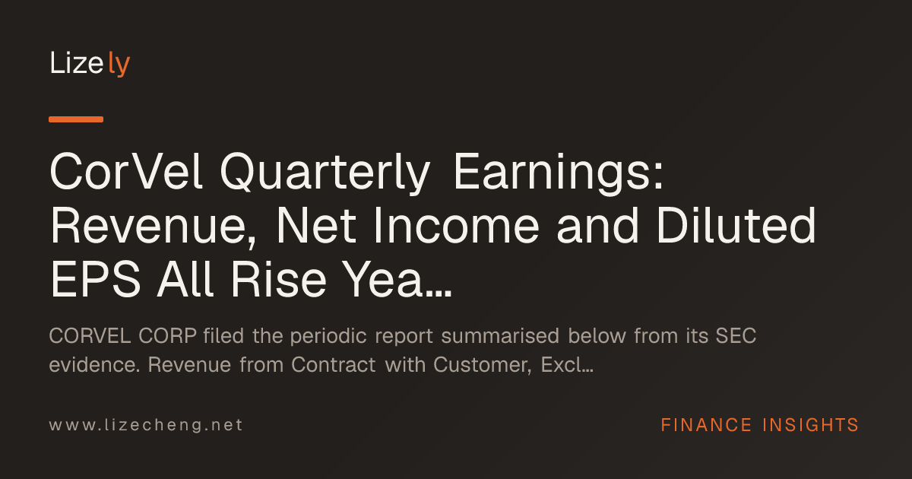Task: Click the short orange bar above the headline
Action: (x=76, y=119)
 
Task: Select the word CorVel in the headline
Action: (x=126, y=172)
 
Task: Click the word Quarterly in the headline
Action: (x=325, y=174)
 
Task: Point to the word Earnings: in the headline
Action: (x=559, y=174)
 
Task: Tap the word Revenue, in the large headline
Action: (x=153, y=227)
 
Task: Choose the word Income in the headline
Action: (x=457, y=226)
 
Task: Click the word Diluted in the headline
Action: (x=736, y=225)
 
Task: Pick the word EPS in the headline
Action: (x=95, y=280)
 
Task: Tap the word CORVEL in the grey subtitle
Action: (x=90, y=336)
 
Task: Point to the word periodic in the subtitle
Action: (x=328, y=337)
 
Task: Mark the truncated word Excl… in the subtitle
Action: (x=567, y=364)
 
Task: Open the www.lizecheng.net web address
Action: (x=146, y=425)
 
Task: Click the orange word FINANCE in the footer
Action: (x=706, y=425)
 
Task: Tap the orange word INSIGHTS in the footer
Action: (x=810, y=425)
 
